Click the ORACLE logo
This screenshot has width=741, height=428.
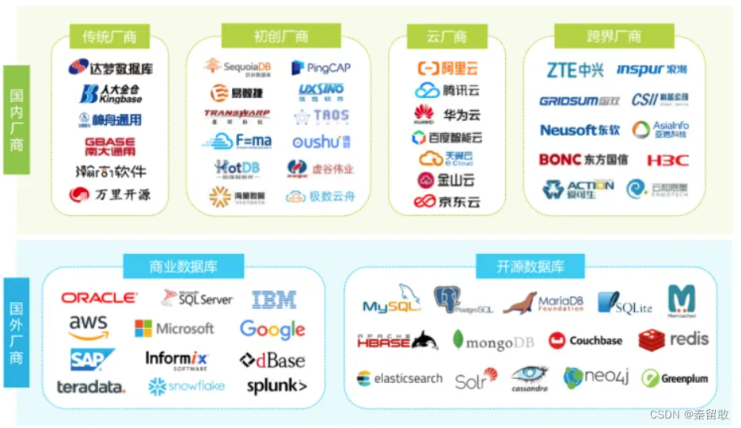coord(99,297)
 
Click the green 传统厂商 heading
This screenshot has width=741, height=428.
coord(110,36)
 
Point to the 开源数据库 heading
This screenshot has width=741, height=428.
coord(530,267)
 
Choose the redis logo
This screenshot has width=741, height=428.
coord(674,340)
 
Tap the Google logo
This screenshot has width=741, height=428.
coord(272,329)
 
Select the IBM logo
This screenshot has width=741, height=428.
coord(274,300)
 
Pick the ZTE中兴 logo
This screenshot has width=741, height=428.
coord(576,70)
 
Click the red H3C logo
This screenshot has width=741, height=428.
coord(667,160)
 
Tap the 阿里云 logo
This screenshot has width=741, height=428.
coord(448,68)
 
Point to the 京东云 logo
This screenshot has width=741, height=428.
coord(447,202)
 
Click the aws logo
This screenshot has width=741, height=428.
coord(88,327)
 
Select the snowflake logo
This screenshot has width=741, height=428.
coord(187,386)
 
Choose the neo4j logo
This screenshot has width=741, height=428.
coord(596,377)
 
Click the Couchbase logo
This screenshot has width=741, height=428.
coord(585,341)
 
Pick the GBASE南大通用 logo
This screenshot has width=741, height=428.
coord(110,146)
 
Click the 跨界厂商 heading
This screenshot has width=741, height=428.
coord(614,36)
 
